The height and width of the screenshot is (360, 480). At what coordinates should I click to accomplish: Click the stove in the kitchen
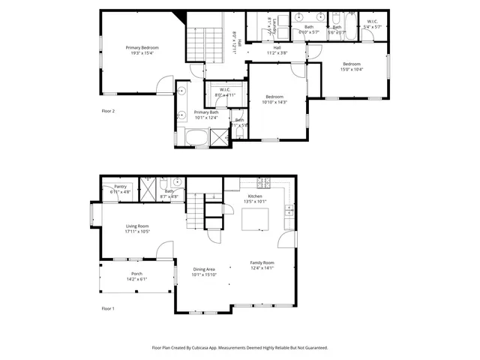click(263, 182)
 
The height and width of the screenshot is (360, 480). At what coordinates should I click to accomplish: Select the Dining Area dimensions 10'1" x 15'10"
click(204, 274)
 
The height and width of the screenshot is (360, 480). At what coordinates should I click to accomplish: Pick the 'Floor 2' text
click(108, 111)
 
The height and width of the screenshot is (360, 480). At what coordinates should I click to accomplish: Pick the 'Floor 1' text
click(108, 308)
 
